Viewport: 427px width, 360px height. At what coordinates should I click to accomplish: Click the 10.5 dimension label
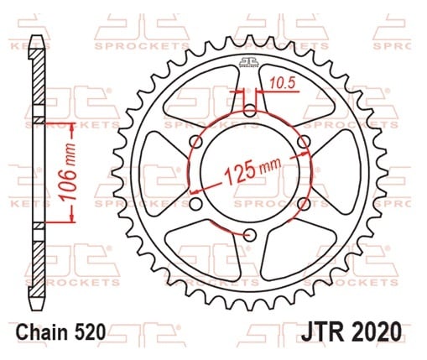(283, 83)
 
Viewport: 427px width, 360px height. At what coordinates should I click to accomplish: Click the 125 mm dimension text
(253, 171)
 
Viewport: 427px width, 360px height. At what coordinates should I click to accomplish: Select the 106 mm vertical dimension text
(69, 172)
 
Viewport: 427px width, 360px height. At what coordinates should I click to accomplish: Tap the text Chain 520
(61, 332)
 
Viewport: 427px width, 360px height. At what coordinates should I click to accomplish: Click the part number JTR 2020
(351, 331)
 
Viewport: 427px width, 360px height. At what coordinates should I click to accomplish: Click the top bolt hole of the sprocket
(250, 111)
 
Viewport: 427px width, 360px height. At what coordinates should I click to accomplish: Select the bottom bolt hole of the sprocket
(250, 235)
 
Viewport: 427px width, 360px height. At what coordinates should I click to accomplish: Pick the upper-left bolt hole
(196, 142)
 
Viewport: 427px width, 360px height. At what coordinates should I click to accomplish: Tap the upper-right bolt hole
(304, 142)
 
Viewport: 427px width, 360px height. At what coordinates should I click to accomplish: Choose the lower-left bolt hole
(195, 204)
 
